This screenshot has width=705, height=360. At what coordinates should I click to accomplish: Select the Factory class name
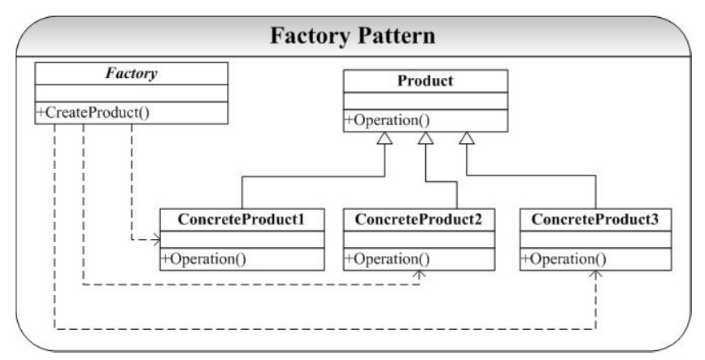[130, 72]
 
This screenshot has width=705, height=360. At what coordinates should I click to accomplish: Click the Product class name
[424, 82]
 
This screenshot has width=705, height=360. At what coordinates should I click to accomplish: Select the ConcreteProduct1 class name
[242, 219]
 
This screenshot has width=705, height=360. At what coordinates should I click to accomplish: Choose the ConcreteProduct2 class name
[419, 219]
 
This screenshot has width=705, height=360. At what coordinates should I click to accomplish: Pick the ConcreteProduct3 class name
[596, 219]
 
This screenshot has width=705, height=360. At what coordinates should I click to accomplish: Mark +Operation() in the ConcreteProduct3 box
[564, 259]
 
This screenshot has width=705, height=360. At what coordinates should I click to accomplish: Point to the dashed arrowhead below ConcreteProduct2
[419, 276]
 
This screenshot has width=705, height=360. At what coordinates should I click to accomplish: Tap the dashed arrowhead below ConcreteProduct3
[596, 276]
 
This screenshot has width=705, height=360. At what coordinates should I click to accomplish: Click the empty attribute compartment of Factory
[130, 93]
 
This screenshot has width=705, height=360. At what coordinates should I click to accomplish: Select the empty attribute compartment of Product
[424, 102]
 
